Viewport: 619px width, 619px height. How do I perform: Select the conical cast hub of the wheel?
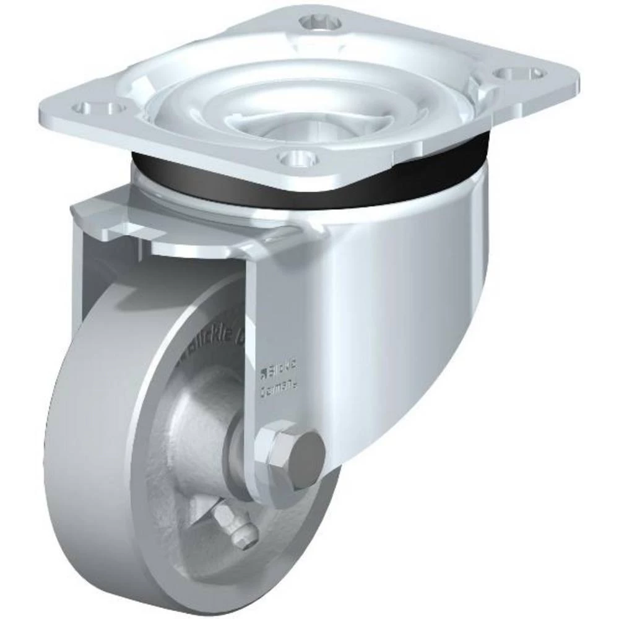198,433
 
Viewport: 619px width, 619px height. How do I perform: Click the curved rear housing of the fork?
396,309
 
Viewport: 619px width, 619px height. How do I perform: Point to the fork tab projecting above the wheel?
111,223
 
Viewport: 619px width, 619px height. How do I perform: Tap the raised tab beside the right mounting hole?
480,93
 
